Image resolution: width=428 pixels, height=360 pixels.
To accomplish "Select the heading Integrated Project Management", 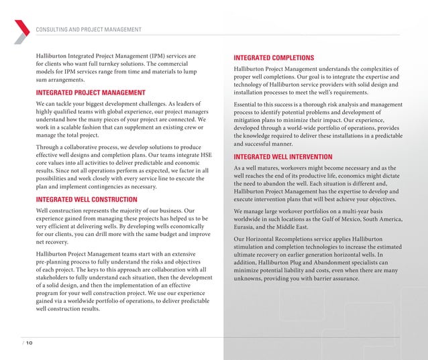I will point(90,93).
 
